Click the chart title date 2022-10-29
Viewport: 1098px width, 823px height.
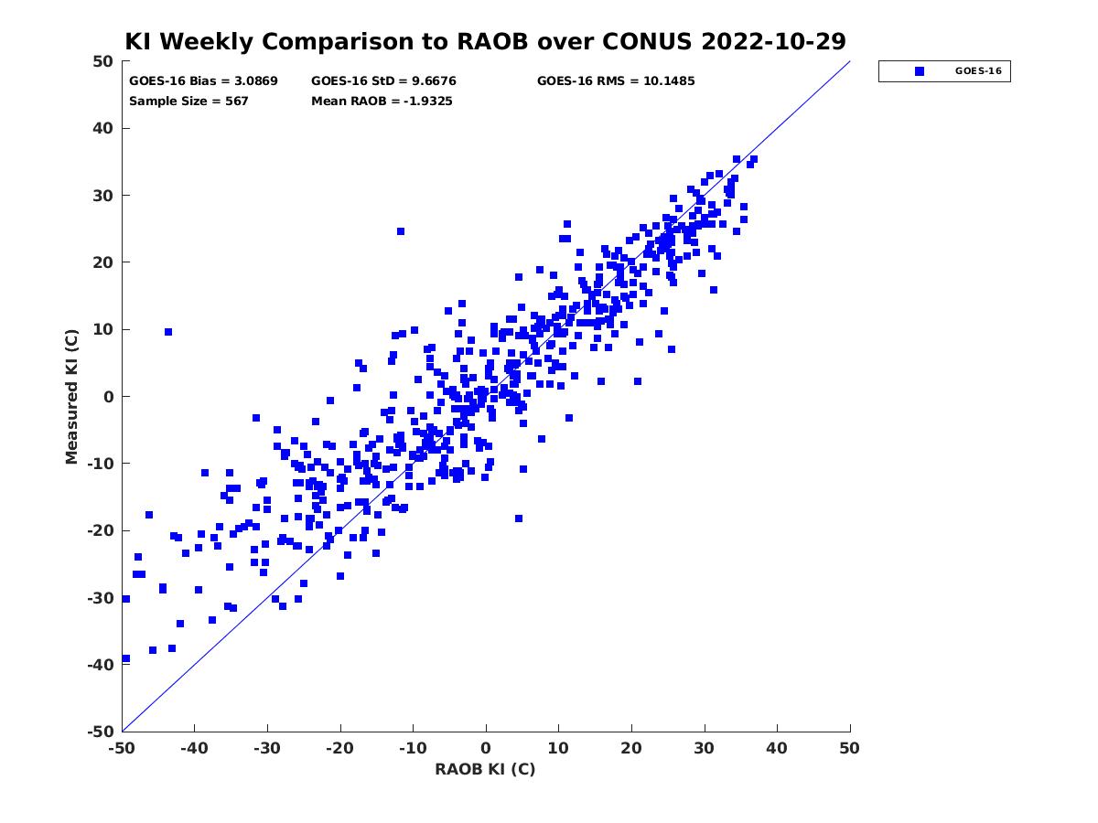(x=773, y=41)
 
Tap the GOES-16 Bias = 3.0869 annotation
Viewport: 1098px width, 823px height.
(x=203, y=81)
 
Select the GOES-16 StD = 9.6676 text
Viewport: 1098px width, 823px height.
(x=383, y=81)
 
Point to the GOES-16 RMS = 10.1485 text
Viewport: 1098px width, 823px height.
(x=616, y=81)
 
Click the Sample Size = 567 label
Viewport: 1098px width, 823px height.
(x=188, y=102)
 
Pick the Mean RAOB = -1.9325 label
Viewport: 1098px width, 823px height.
(x=382, y=102)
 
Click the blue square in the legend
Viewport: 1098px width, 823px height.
(x=920, y=71)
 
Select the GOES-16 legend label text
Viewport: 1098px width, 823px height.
(x=978, y=71)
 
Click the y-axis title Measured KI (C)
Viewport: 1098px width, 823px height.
(x=71, y=396)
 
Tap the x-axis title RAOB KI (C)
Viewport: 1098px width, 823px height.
(x=485, y=769)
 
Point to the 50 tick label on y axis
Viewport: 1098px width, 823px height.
(x=103, y=61)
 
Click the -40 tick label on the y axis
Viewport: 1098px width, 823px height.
(x=101, y=665)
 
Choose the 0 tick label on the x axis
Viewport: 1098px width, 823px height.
(x=486, y=748)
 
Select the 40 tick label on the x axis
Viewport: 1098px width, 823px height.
(x=777, y=748)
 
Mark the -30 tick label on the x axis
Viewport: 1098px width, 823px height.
(x=267, y=748)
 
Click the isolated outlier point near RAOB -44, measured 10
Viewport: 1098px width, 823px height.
(x=168, y=332)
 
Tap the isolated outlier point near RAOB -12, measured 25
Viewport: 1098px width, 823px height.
(x=401, y=231)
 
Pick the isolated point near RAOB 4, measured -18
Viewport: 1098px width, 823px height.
(x=519, y=518)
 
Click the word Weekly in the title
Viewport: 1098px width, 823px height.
(x=207, y=42)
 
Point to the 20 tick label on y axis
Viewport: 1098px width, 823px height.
(x=103, y=262)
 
